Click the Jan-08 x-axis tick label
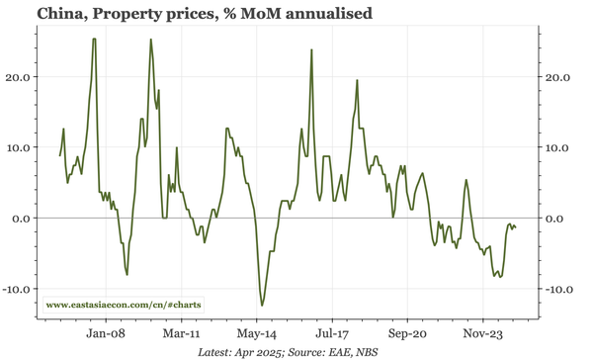105,333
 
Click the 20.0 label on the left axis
19,76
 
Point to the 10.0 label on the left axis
19,147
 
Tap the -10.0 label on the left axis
17,289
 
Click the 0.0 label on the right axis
560,218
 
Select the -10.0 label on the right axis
560,289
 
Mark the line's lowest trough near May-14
262,306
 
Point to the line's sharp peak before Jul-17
311,49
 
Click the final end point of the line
515,229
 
